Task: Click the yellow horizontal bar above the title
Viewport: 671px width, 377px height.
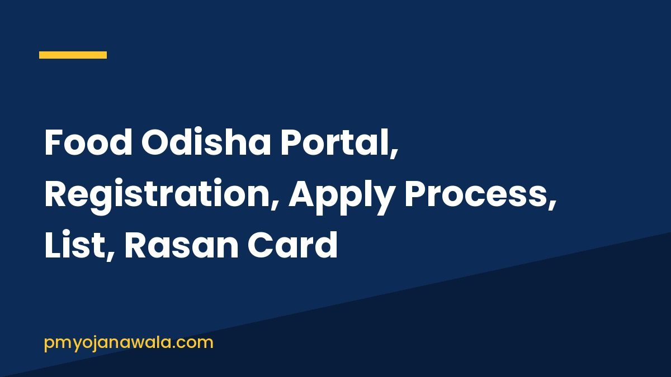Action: (x=73, y=55)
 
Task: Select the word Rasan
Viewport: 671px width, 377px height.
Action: (x=182, y=245)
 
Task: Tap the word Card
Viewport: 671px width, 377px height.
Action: (x=292, y=245)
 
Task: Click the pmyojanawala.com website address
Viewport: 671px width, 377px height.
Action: (x=129, y=343)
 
